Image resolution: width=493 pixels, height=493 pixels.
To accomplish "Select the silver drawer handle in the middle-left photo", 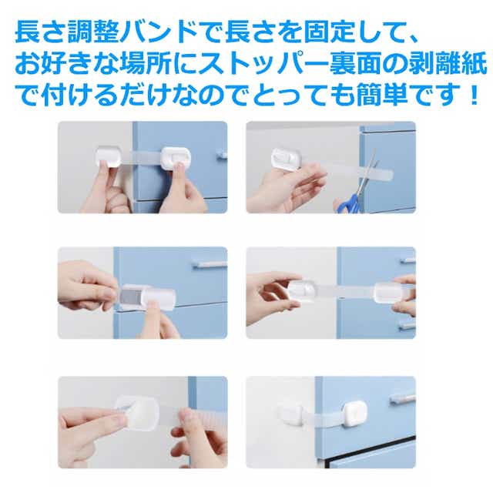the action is pyautogui.click(x=209, y=265).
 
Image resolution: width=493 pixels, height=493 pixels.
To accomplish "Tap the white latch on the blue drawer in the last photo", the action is pyautogui.click(x=354, y=414).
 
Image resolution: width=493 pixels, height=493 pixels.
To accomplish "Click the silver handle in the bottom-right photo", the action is pyautogui.click(x=402, y=399).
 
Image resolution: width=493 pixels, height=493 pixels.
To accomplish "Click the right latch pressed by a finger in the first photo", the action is pyautogui.click(x=176, y=158).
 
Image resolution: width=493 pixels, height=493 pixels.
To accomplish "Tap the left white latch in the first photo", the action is pyautogui.click(x=108, y=156).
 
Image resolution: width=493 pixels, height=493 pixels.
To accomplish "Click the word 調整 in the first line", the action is pyautogui.click(x=94, y=32).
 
